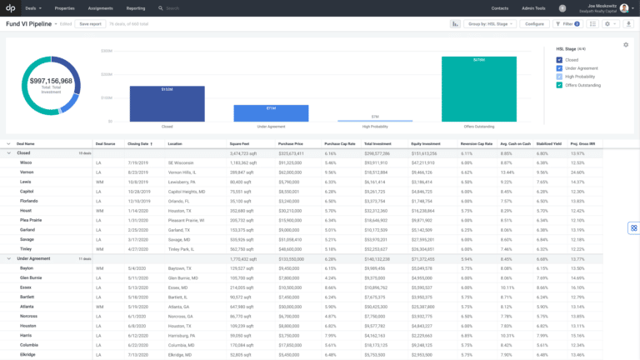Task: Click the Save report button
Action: pos(89,24)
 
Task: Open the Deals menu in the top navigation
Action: pos(32,7)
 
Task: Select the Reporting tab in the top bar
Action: pos(135,7)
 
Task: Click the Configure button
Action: pos(534,24)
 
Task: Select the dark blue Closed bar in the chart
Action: pos(167,104)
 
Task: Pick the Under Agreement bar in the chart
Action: pos(272,113)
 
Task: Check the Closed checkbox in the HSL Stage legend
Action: pos(559,60)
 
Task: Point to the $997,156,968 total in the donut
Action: pos(50,81)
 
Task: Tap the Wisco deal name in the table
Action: pos(26,162)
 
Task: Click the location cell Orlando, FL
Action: pos(181,201)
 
